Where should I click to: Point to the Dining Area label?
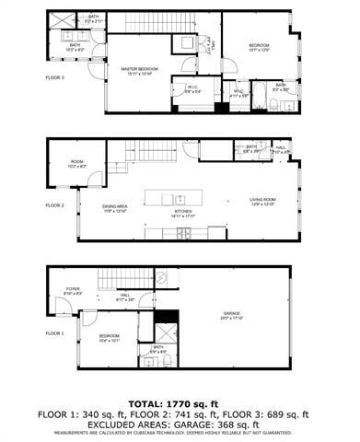[115, 207]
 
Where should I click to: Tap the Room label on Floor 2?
[77, 164]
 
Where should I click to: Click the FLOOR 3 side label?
[55, 77]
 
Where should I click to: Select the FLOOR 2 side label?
[55, 205]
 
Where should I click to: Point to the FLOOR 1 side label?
[55, 332]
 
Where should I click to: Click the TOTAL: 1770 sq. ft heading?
[179, 403]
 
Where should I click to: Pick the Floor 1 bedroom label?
[109, 338]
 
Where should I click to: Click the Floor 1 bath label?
[157, 348]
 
